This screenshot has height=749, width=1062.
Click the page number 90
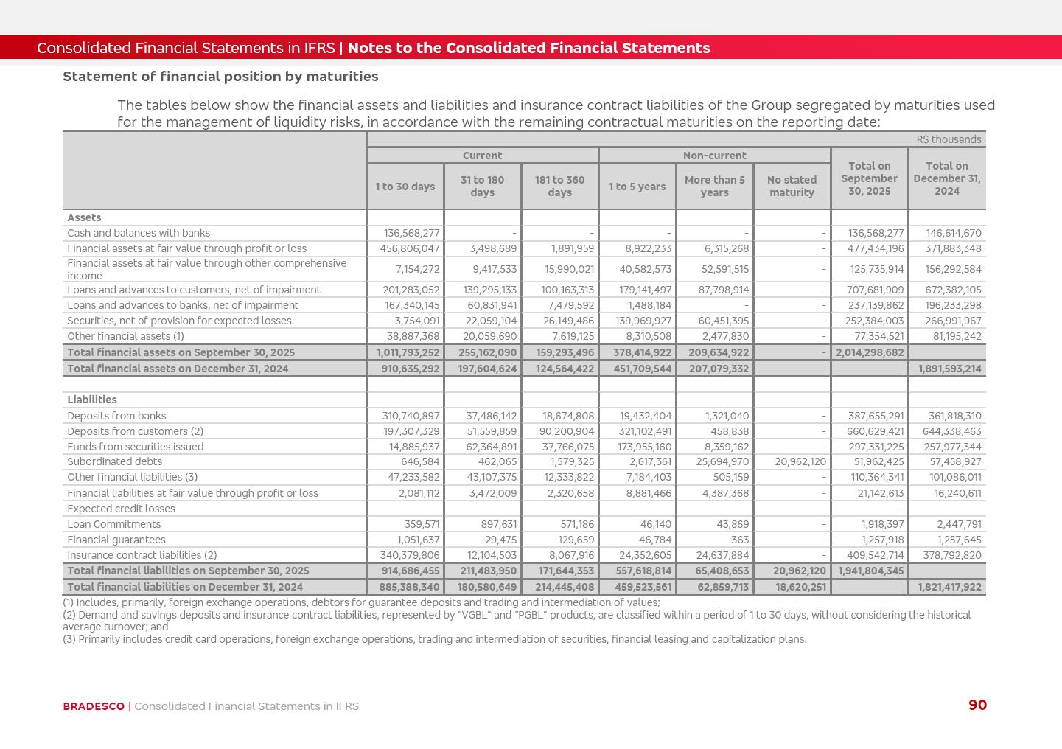[977, 706]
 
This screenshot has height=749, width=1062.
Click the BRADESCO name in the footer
[94, 706]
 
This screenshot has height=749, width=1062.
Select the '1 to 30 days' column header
[405, 187]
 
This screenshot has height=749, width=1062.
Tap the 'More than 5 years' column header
[714, 187]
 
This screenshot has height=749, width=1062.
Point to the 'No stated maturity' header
[792, 187]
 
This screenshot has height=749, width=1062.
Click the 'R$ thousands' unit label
[949, 139]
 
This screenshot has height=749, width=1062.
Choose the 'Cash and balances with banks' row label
[139, 233]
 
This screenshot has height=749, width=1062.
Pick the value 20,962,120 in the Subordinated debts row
[800, 462]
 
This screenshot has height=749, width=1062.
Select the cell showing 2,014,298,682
[870, 352]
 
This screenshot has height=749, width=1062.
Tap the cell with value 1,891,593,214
[949, 369]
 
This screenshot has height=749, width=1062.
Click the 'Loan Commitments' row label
[113, 524]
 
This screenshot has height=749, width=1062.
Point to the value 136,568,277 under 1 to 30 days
[411, 233]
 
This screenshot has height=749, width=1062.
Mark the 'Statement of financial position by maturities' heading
[220, 77]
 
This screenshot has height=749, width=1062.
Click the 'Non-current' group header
[714, 156]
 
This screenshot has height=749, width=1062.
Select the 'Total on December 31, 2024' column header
[947, 178]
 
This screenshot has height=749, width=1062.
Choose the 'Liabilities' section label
[92, 400]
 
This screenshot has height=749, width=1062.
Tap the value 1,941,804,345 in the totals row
[870, 571]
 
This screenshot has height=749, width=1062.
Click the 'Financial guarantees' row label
[116, 540]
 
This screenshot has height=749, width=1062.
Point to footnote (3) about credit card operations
[435, 639]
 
